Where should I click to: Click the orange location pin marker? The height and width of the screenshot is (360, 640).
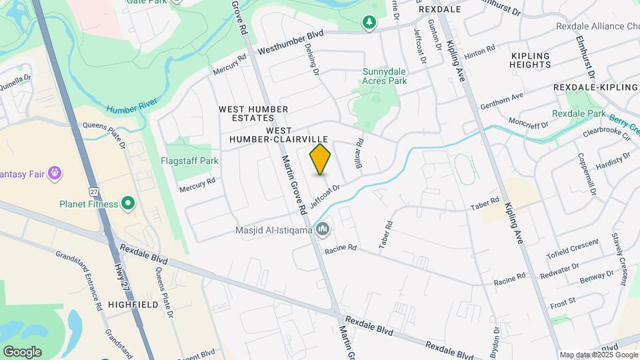[320, 159]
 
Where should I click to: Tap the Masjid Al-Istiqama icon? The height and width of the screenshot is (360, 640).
[323, 231]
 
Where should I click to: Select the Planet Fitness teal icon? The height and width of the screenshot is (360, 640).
[129, 204]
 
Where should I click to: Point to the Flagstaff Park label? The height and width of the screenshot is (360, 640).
[189, 161]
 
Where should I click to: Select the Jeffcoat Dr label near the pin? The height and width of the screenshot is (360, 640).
[325, 195]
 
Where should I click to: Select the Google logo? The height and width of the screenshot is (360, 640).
[22, 352]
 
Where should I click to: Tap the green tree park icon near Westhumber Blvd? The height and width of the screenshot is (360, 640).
[369, 23]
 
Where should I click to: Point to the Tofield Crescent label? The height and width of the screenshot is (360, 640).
[572, 249]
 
